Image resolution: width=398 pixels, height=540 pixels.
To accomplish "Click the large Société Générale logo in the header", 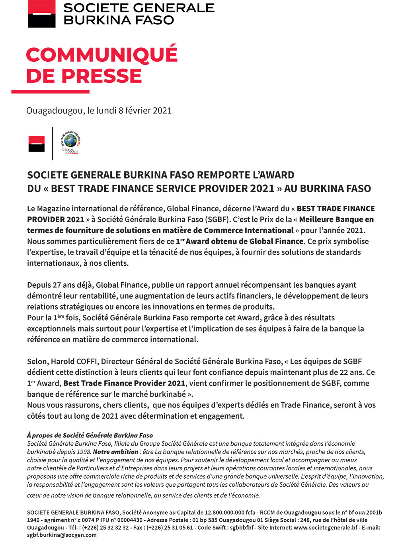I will pos(41,14).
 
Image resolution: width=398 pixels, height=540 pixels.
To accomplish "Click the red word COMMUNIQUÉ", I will pos(101,55).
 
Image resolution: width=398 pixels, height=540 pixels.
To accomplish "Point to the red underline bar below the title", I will pos(50,92).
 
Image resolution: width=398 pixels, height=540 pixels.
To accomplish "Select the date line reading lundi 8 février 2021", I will pos(99,111).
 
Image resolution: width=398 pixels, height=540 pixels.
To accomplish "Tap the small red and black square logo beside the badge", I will pos(36,144).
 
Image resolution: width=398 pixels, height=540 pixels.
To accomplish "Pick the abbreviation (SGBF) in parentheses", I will pos(218,219).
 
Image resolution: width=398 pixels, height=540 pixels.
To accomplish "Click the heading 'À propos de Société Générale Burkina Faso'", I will pos(90,435).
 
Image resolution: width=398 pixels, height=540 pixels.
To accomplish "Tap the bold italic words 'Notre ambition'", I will pos(115,452).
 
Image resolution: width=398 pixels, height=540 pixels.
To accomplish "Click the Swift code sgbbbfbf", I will pos(237,528).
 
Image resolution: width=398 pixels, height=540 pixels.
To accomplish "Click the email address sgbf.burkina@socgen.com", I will pos(62,535).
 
